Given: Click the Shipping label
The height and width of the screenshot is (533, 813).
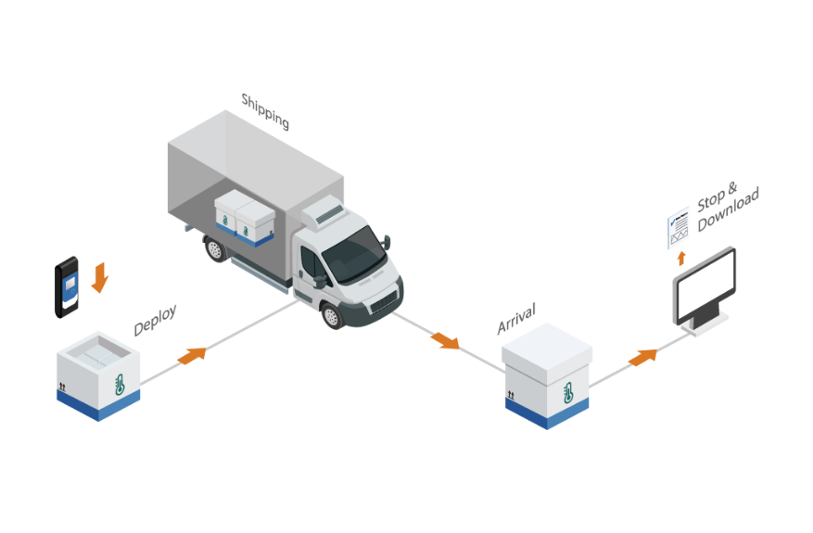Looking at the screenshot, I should (x=265, y=110).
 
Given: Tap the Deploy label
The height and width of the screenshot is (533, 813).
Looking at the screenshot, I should (x=155, y=320).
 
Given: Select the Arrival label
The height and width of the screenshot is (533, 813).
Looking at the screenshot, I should (x=516, y=317).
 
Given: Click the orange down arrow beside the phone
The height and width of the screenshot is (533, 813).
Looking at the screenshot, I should (x=100, y=275).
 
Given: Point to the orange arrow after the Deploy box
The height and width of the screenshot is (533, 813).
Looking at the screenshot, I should (x=192, y=353).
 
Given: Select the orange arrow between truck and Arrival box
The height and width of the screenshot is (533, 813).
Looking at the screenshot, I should (x=446, y=339).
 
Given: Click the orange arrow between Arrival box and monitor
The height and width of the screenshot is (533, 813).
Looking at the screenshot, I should (x=642, y=355).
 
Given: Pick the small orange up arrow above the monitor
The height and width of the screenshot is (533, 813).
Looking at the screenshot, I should (x=682, y=257).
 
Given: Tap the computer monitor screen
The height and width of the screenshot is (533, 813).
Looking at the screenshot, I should (x=705, y=285).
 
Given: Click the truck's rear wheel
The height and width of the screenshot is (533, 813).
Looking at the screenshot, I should (x=216, y=247).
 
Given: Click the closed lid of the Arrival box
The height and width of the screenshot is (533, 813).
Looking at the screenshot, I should (x=547, y=345).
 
